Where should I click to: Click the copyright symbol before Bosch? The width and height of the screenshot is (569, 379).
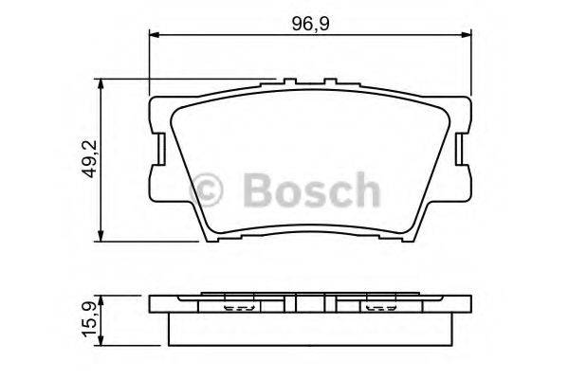[x=208, y=191]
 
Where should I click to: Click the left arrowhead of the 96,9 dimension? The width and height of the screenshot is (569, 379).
[x=155, y=36]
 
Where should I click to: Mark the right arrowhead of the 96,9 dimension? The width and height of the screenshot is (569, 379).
[x=467, y=36]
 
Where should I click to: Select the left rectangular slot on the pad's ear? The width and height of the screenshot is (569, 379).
[x=162, y=147]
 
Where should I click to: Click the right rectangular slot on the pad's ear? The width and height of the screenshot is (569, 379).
[x=461, y=147]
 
